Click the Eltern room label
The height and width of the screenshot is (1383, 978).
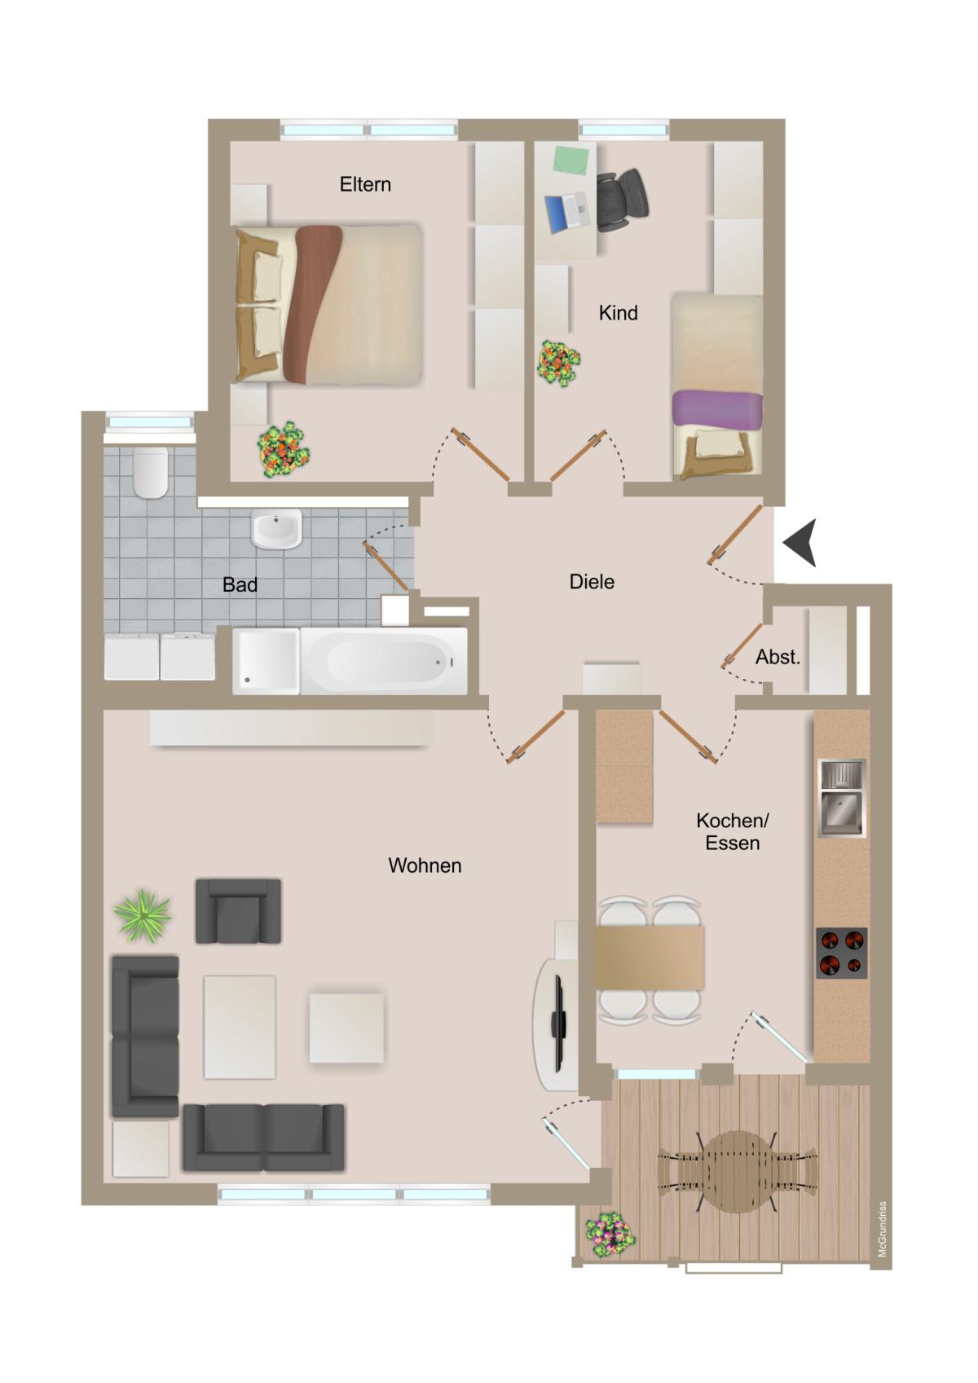(x=365, y=184)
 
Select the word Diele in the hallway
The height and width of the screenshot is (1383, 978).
(x=592, y=581)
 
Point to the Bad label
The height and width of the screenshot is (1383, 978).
(x=240, y=584)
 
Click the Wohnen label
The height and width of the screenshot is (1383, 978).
(x=425, y=865)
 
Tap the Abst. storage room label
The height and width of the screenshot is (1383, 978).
(x=778, y=656)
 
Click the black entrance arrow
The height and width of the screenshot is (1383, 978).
(x=800, y=543)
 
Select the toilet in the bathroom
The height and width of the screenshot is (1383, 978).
(x=151, y=473)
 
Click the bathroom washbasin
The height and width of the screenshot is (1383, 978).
(x=276, y=528)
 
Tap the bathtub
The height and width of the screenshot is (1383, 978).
(x=383, y=661)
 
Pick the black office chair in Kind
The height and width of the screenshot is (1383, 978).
(x=622, y=200)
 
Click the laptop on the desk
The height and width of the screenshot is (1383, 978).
(x=566, y=212)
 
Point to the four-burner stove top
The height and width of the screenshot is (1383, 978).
(x=842, y=953)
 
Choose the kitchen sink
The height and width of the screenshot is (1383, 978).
(x=842, y=798)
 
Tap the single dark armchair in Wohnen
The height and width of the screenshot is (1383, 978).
(x=238, y=910)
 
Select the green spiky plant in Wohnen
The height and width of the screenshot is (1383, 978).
(x=143, y=916)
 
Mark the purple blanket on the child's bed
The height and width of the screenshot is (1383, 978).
(x=717, y=409)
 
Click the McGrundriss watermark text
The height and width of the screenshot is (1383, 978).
(x=883, y=1229)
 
